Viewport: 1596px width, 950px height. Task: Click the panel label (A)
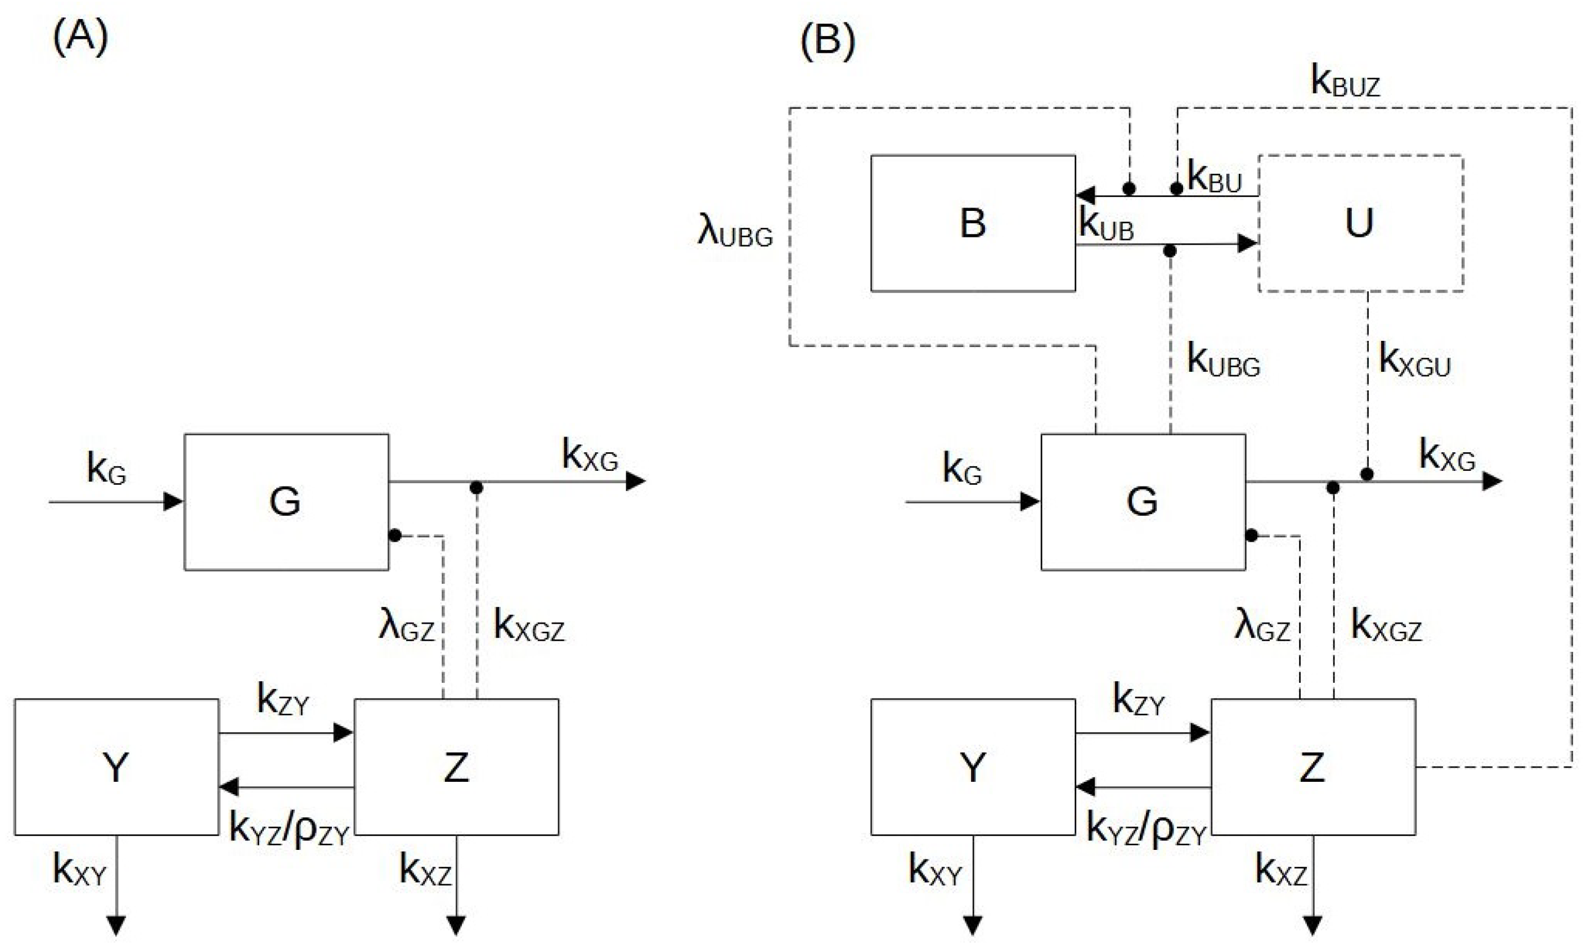pos(80,38)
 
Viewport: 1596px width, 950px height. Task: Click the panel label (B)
pos(827,41)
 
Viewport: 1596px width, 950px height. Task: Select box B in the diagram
pos(973,223)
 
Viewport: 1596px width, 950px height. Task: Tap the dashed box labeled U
pos(1360,223)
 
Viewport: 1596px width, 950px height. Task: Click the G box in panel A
pos(286,502)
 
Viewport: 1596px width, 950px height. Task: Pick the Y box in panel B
pos(973,767)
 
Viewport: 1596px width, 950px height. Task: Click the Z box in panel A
pos(456,767)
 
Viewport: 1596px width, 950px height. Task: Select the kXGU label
pos(1414,360)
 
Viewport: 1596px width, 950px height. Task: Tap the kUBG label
pos(1224,360)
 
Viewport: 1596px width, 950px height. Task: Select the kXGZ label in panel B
pos(1386,625)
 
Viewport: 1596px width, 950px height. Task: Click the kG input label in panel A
pos(106,469)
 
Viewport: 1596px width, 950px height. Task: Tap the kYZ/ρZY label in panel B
pos(1147,831)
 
